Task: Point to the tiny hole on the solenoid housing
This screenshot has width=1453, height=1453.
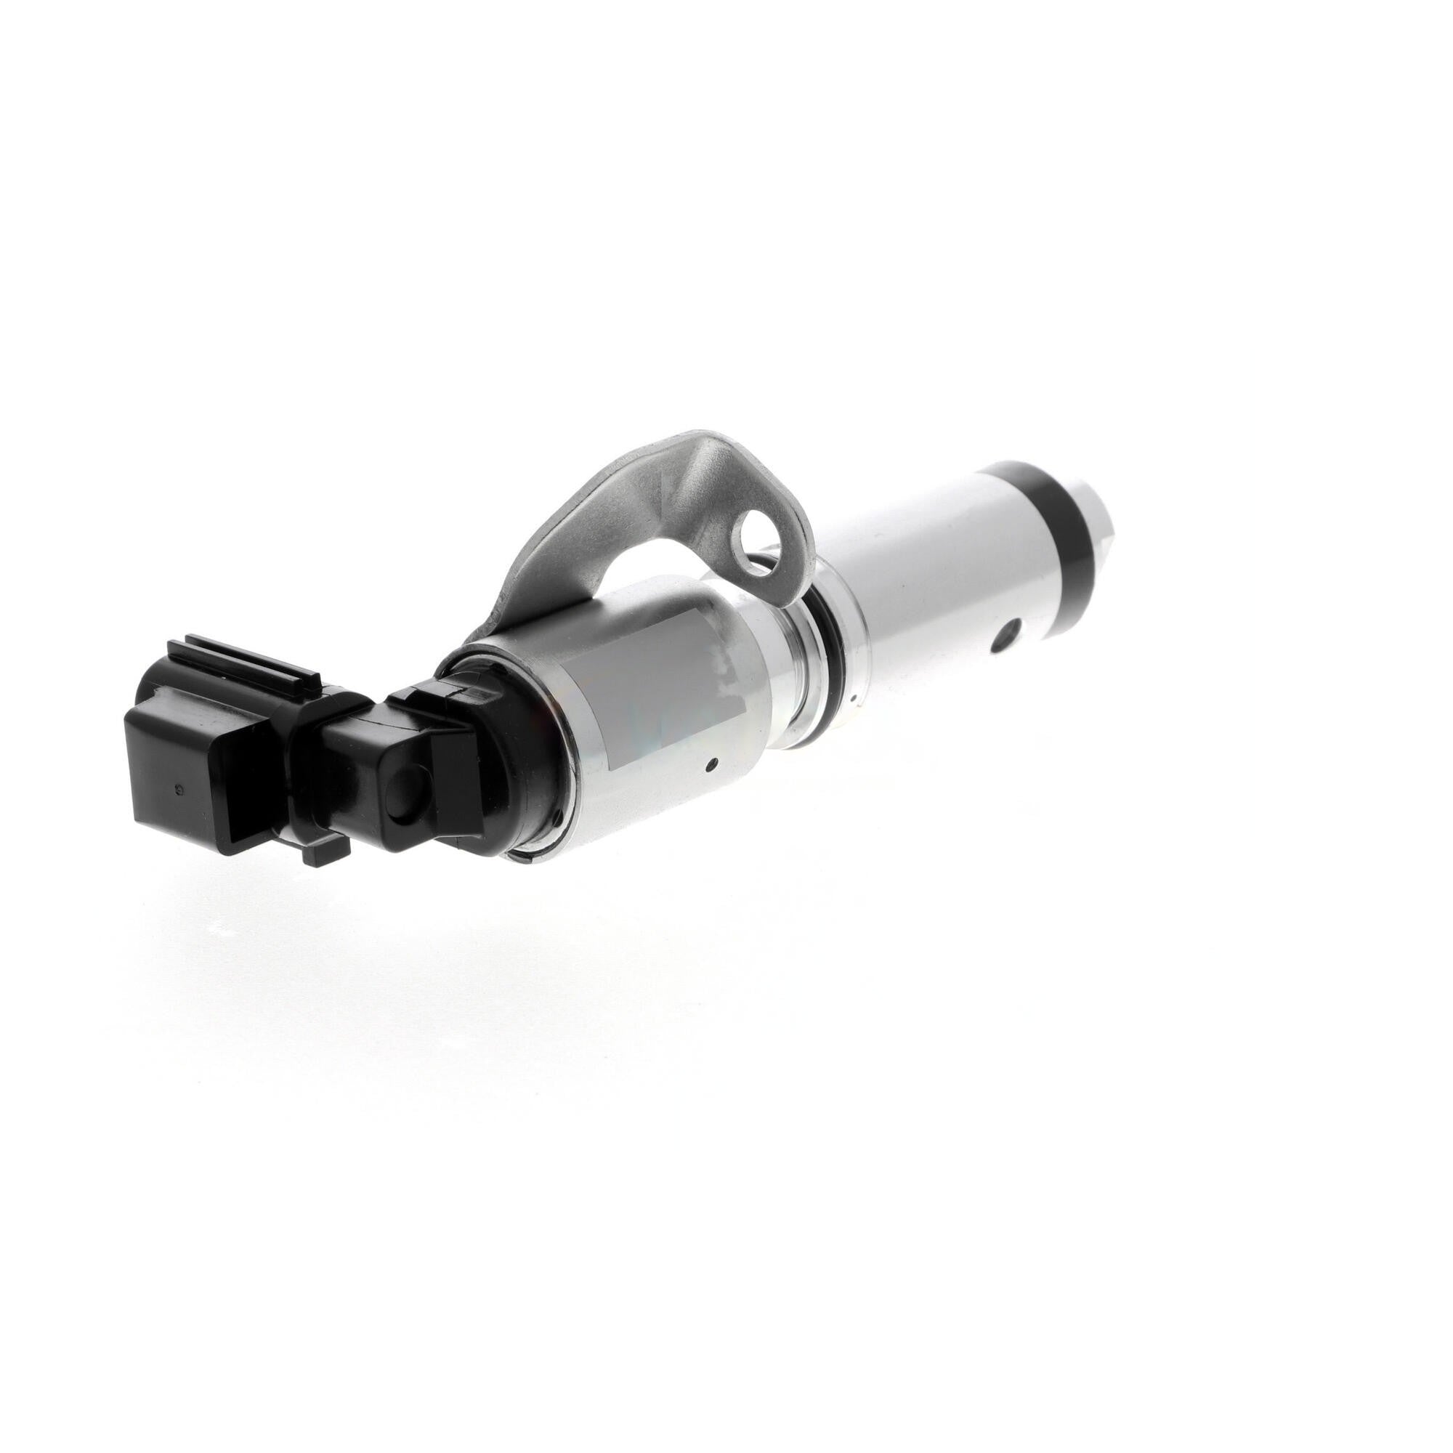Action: pyautogui.click(x=710, y=766)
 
